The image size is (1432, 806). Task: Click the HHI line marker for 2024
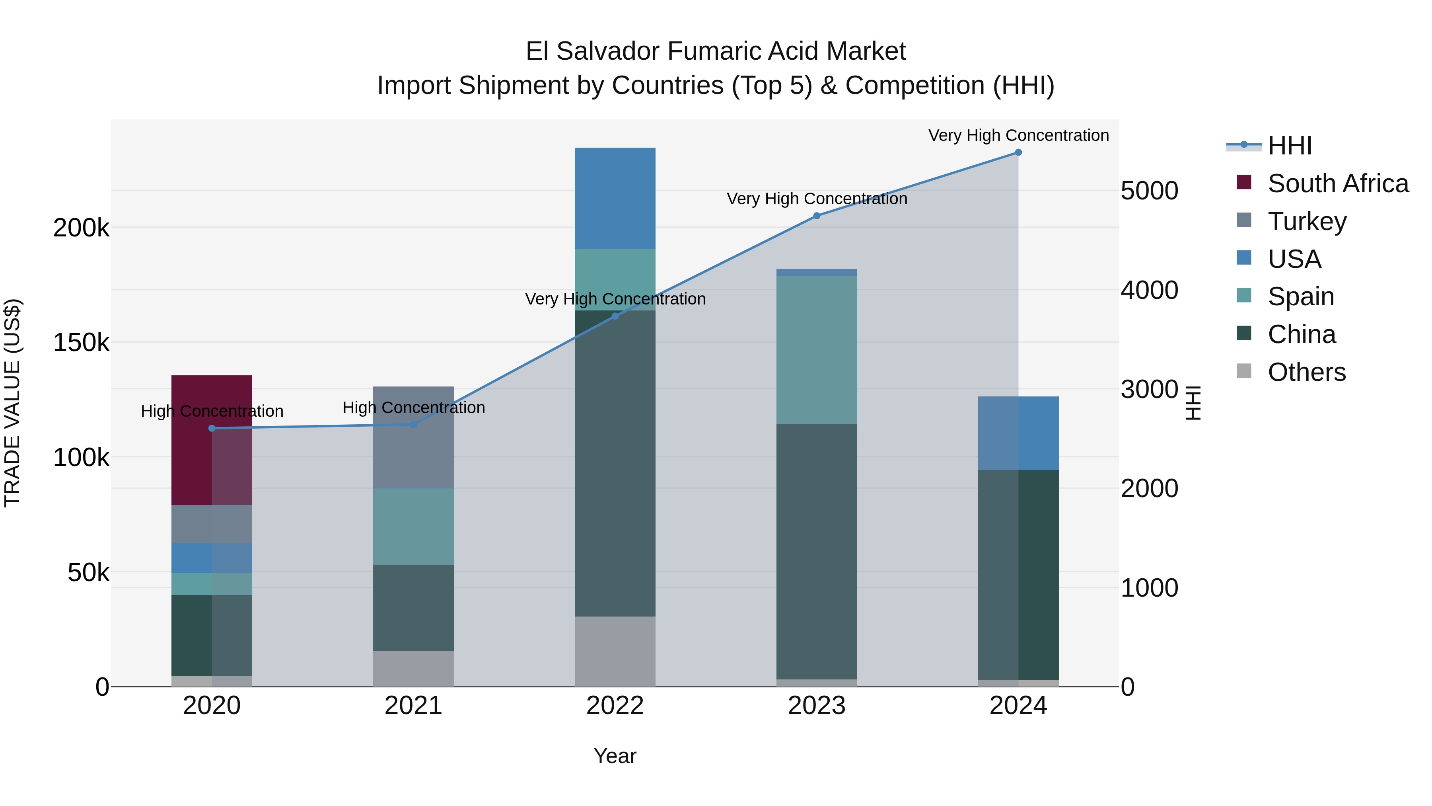(x=1018, y=152)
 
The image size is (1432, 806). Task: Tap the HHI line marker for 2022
(x=615, y=316)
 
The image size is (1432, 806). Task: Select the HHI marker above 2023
(x=817, y=216)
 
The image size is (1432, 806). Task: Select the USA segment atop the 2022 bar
(x=615, y=198)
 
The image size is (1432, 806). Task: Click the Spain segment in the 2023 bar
(x=817, y=350)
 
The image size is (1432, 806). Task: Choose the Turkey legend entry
(x=1306, y=221)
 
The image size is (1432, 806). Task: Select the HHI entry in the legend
(x=1290, y=146)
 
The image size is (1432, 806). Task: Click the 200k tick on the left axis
(x=81, y=228)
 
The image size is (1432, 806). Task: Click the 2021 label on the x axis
(x=413, y=706)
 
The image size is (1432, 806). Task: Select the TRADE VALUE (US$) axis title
(x=12, y=403)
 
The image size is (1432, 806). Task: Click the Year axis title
(x=615, y=756)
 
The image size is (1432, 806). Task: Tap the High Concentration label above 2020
(x=212, y=411)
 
